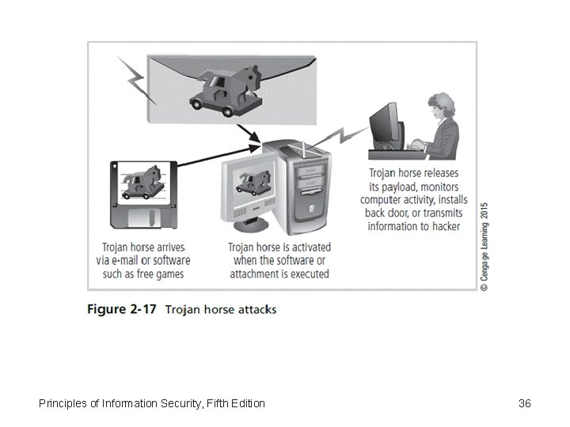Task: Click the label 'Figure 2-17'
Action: (x=121, y=308)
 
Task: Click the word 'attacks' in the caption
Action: (x=255, y=309)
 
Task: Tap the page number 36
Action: (x=524, y=403)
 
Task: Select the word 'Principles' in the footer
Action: (x=66, y=403)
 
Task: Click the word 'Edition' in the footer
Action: (x=246, y=403)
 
